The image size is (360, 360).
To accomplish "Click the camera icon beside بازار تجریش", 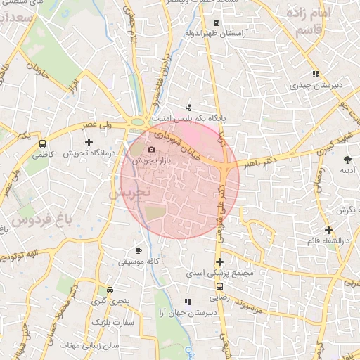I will tap(150, 150).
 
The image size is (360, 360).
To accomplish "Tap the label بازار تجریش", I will tap(150, 161).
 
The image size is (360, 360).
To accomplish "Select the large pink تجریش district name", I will tap(127, 192).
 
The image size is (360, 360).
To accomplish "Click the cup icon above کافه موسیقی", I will tap(139, 250).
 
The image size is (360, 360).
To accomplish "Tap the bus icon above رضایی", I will tap(220, 287).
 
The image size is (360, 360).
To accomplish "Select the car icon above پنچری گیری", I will tap(110, 290).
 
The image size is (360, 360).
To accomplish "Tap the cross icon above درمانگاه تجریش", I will tap(89, 142).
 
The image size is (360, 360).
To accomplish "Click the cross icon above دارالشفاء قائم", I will tap(328, 230).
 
